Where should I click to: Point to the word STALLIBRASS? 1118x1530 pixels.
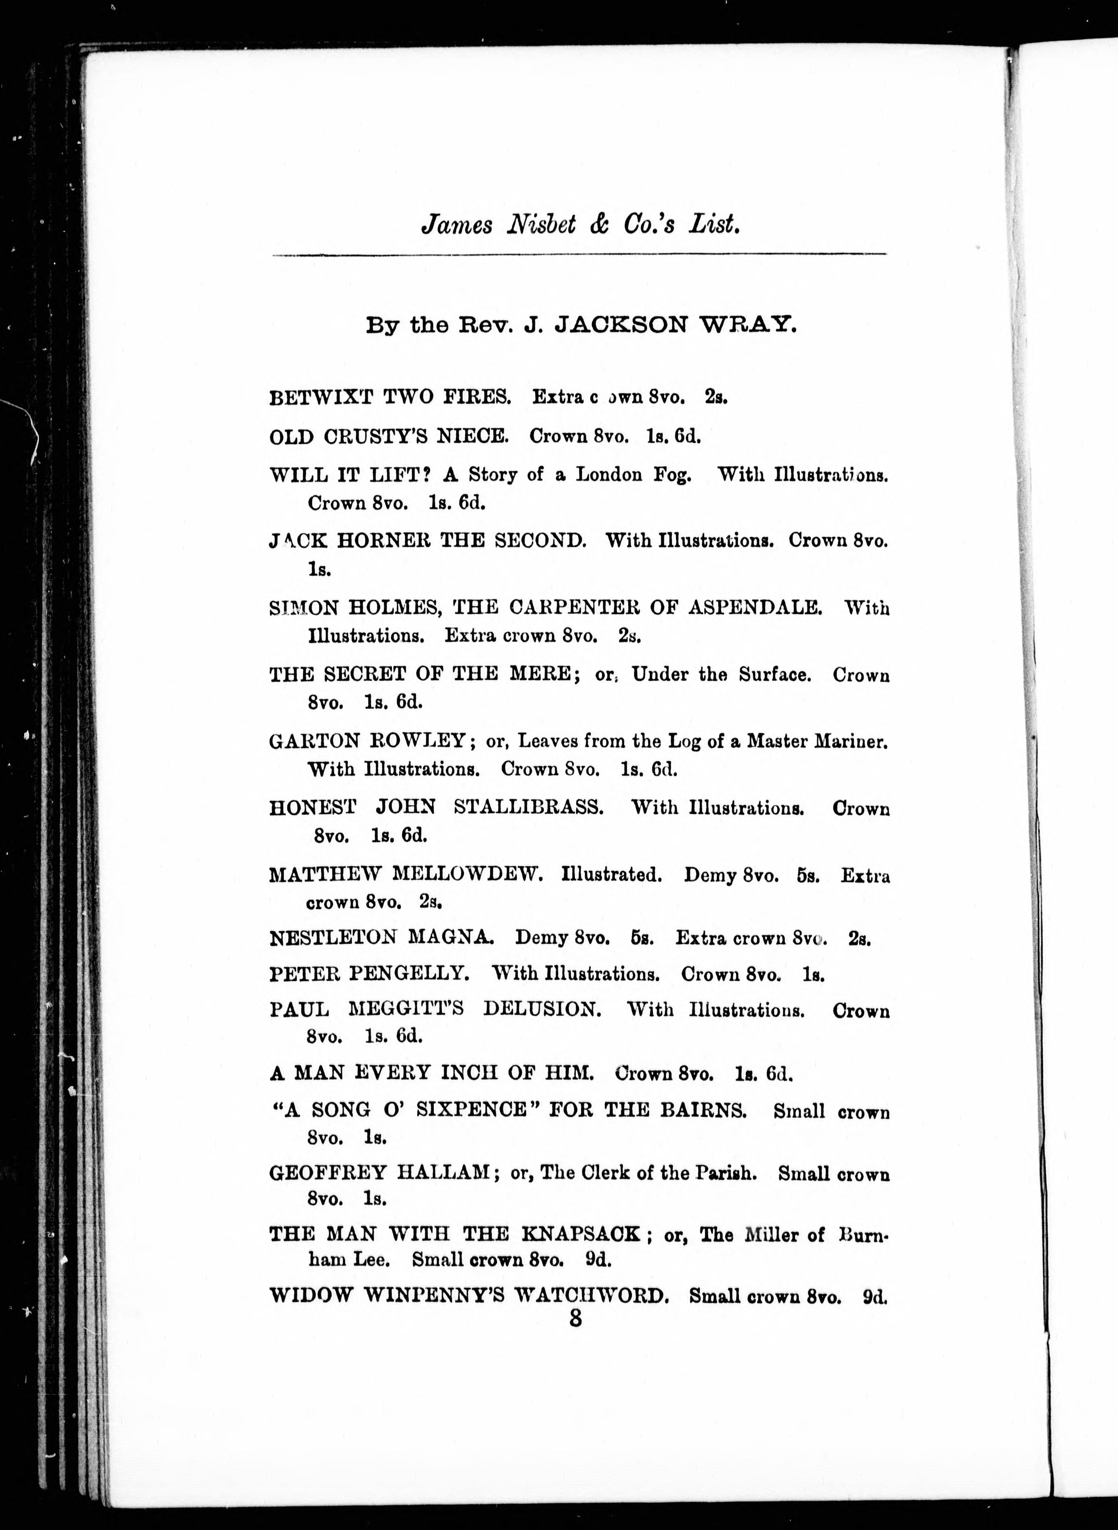click(528, 807)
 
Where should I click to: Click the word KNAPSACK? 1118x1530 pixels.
click(581, 1234)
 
